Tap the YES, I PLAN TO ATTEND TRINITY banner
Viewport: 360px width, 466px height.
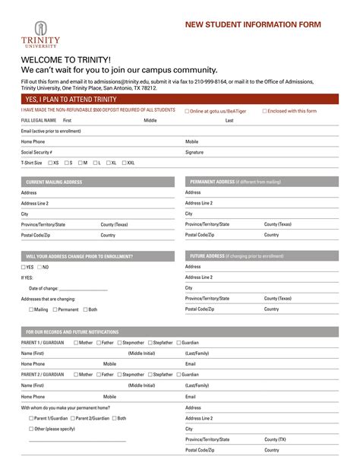71,99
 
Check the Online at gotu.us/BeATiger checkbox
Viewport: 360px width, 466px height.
188,111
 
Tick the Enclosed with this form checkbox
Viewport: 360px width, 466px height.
265,111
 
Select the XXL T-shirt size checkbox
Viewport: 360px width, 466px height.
123,163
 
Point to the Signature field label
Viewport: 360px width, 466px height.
194,152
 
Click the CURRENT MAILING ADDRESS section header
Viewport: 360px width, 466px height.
54,182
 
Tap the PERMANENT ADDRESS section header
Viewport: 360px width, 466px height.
235,182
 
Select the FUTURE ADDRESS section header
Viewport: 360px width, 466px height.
236,256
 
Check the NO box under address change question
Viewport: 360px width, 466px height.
39,268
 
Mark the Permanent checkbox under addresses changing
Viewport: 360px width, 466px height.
55,309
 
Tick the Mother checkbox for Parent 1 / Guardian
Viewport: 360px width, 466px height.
76,343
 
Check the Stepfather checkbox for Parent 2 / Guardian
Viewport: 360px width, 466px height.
150,375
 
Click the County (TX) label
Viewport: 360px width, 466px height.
275,439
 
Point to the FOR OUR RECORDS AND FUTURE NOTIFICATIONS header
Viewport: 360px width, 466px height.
72,332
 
